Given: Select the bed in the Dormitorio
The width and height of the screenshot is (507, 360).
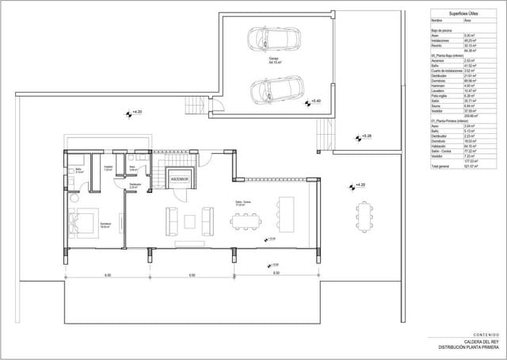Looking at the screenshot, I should coord(83,223).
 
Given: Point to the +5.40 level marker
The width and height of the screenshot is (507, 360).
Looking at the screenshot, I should coord(314,101).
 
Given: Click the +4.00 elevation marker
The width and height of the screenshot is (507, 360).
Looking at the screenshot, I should coord(136,113).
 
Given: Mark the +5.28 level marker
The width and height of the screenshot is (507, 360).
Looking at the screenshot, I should coord(364,136).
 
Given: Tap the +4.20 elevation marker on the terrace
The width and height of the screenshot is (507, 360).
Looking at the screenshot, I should coord(358,185).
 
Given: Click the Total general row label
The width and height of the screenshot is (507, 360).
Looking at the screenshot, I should coord(442,166).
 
